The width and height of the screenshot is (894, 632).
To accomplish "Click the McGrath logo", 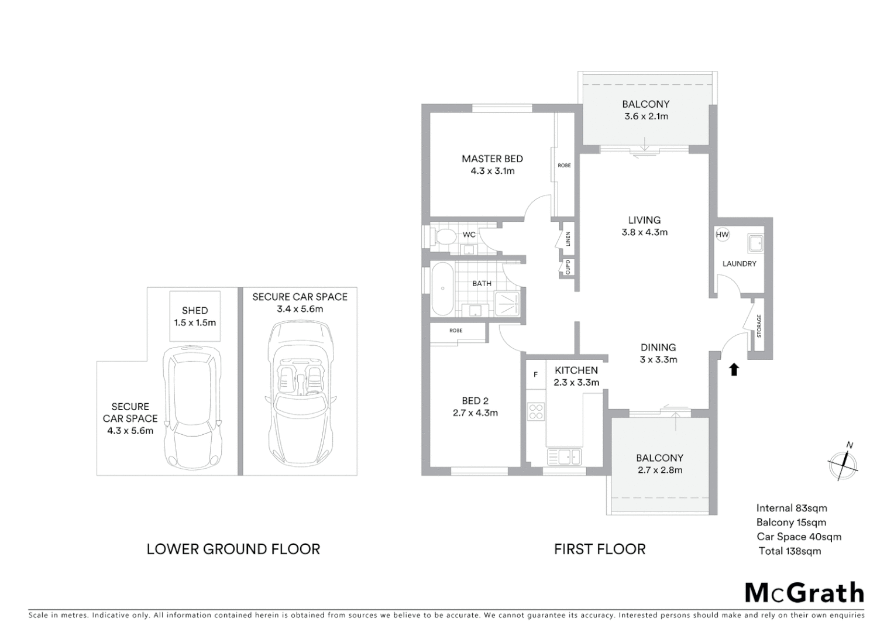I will (x=804, y=593).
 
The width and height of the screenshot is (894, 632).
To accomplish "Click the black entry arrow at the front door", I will (x=734, y=369).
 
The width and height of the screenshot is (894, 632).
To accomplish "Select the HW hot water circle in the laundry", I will (x=722, y=235).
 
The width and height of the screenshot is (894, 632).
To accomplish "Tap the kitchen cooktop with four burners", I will (x=536, y=411).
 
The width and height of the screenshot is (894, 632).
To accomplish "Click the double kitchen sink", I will (x=565, y=456).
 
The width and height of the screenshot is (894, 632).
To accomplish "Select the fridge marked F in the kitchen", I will (x=535, y=375).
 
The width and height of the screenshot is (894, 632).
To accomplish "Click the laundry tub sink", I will (x=755, y=242).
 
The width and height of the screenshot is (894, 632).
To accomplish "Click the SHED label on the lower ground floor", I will (x=195, y=311).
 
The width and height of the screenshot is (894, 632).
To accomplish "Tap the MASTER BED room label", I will (x=492, y=159).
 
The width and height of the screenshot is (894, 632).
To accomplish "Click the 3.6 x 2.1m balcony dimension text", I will (x=646, y=116).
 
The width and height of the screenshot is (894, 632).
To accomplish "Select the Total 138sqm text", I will (x=790, y=551).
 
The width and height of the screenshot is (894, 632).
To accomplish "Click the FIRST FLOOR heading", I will (x=600, y=549).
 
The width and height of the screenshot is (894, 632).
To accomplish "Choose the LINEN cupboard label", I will (x=568, y=239).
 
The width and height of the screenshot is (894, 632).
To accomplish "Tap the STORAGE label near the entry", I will (x=759, y=326).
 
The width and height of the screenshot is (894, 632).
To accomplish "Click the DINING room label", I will (x=658, y=348).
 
